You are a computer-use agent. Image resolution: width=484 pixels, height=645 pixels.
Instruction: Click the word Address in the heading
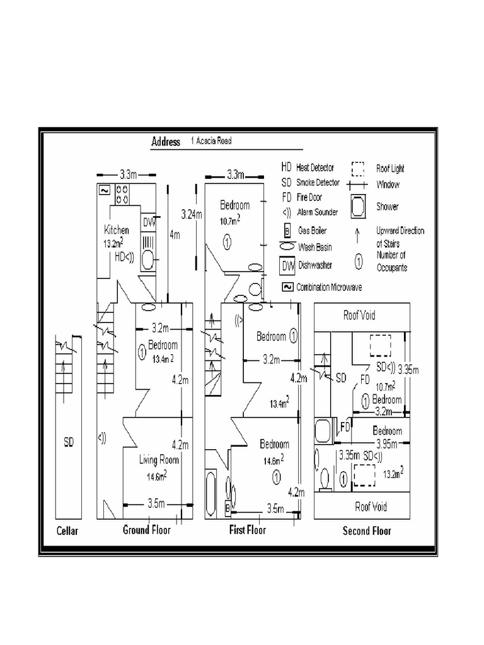pyautogui.click(x=166, y=142)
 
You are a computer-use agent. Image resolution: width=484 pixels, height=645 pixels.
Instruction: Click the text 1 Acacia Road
pyautogui.click(x=211, y=141)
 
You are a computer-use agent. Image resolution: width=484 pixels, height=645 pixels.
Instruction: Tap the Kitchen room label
pyautogui.click(x=117, y=231)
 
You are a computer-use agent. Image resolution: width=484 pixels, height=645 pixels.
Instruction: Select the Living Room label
pyautogui.click(x=159, y=460)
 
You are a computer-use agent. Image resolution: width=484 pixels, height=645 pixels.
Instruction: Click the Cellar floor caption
pyautogui.click(x=67, y=531)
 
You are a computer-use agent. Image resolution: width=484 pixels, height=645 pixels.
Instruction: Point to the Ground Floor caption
pyautogui.click(x=146, y=530)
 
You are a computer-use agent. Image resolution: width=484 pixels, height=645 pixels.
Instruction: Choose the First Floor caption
pyautogui.click(x=247, y=530)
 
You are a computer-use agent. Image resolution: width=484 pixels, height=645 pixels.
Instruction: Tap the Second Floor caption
pyautogui.click(x=367, y=531)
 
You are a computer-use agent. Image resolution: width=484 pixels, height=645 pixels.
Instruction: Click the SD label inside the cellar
pyautogui.click(x=69, y=443)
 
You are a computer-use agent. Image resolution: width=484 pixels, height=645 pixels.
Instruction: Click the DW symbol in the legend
pyautogui.click(x=287, y=265)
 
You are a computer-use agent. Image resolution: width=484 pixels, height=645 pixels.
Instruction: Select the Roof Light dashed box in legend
pyautogui.click(x=358, y=169)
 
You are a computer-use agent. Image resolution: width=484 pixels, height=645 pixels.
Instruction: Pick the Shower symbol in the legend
pyautogui.click(x=357, y=206)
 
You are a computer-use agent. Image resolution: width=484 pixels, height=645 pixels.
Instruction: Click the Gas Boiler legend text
pyautogui.click(x=314, y=231)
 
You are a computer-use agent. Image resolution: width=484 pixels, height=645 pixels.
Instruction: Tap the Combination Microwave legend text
pyautogui.click(x=333, y=287)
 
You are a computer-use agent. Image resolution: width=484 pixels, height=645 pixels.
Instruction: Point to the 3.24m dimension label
pyautogui.click(x=191, y=214)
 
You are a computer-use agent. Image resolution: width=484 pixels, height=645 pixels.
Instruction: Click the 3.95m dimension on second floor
pyautogui.click(x=388, y=443)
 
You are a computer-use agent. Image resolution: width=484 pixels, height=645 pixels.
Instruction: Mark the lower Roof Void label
pyautogui.click(x=371, y=506)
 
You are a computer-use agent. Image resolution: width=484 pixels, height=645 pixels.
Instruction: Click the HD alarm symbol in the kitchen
pyautogui.click(x=124, y=256)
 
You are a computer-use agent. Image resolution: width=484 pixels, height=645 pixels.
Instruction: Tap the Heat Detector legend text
pyautogui.click(x=315, y=168)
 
